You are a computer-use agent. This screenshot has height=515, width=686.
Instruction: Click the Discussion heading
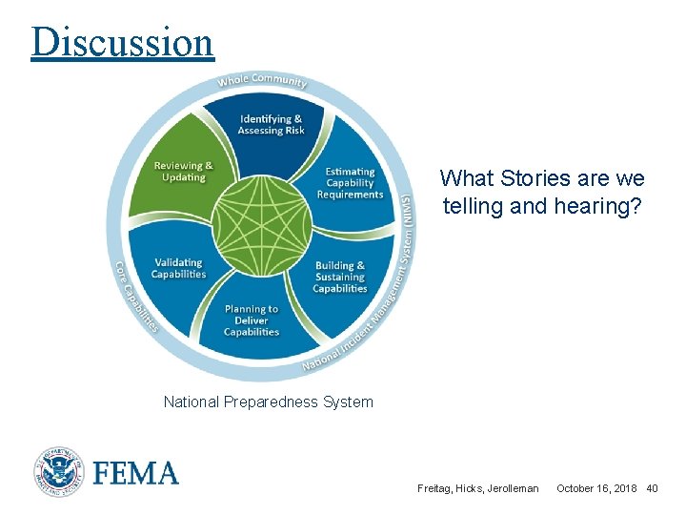tap(122, 42)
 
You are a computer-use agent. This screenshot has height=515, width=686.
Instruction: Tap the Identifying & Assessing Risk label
tap(272, 125)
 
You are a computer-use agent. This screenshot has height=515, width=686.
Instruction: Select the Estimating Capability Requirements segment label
tap(350, 183)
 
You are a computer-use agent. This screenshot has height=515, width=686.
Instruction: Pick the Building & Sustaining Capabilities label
tap(340, 277)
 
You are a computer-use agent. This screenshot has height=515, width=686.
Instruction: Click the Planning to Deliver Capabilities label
tap(252, 320)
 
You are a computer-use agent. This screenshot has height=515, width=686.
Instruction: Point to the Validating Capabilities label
tap(178, 268)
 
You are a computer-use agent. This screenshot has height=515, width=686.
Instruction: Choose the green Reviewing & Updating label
tap(184, 172)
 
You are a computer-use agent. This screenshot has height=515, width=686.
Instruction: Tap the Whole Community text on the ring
tap(262, 81)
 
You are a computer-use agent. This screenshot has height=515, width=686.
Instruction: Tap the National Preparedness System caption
tap(268, 402)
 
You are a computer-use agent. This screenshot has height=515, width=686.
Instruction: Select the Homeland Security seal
tap(59, 473)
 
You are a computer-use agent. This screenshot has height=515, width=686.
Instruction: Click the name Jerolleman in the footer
tap(514, 488)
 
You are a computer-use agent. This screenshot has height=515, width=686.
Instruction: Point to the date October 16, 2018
tap(596, 488)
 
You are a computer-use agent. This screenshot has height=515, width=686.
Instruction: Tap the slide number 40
tap(652, 488)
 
